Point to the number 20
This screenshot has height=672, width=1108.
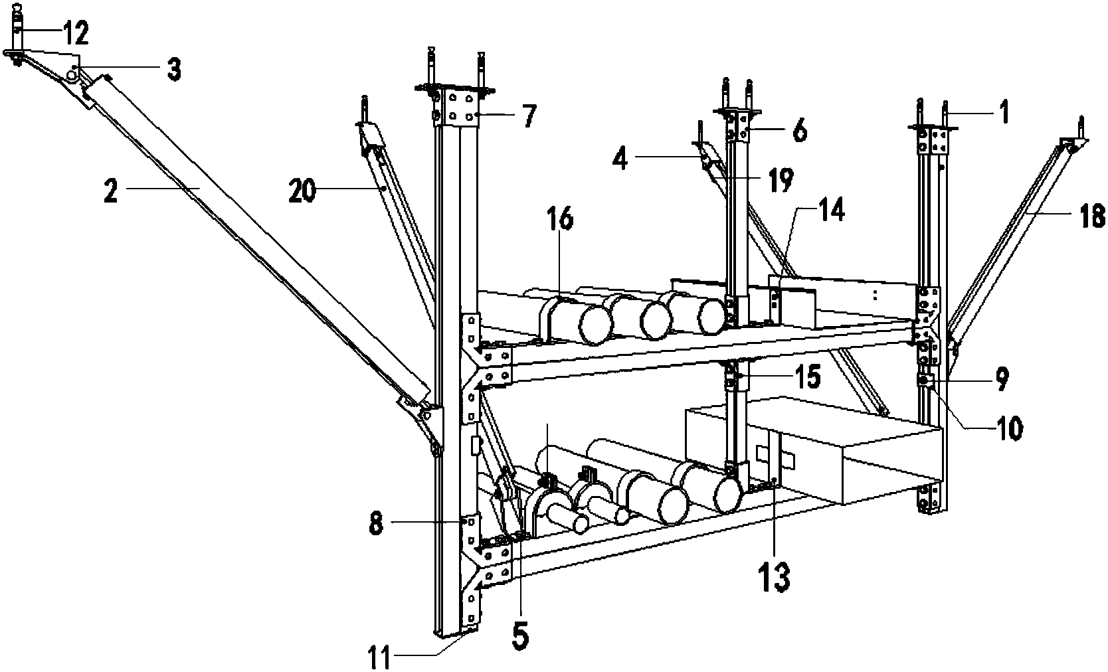click(302, 191)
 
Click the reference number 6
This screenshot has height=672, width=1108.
click(800, 131)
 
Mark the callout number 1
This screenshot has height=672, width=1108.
click(1004, 114)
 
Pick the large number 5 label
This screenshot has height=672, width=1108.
click(520, 635)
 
